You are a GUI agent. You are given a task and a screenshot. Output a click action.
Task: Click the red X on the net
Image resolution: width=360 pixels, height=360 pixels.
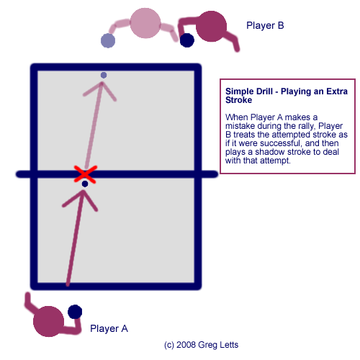coord(86,174)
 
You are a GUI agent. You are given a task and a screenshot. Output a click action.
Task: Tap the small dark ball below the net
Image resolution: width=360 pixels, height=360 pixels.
coord(85,184)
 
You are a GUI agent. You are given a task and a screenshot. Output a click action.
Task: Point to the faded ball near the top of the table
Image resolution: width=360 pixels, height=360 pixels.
coord(104,75)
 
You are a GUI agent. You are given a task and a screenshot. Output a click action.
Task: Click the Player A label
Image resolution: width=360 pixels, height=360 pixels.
coord(109,328)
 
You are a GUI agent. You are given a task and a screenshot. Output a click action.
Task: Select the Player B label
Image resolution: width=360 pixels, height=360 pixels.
coord(265,25)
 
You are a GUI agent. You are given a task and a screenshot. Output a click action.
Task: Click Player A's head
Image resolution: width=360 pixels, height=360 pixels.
coord(48,321)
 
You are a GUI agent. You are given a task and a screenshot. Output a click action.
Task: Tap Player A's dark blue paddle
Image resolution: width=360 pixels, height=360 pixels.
coord(75,312)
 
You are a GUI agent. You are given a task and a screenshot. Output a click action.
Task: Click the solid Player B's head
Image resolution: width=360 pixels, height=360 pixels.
coord(211,26)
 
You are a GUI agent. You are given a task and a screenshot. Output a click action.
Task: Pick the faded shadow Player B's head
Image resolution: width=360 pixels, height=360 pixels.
coord(145,23)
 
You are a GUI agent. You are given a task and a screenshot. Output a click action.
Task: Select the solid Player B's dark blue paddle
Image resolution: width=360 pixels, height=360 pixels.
coord(187,40)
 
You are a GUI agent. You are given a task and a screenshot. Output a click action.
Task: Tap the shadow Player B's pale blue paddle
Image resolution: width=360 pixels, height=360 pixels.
coord(108,40)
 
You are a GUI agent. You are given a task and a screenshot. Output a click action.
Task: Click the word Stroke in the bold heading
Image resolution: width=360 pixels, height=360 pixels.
coord(238,100)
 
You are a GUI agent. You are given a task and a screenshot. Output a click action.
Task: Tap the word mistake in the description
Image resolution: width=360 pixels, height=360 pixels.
coord(240,126)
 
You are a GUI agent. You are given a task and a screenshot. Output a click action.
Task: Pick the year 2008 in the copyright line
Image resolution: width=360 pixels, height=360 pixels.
coord(186,345)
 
